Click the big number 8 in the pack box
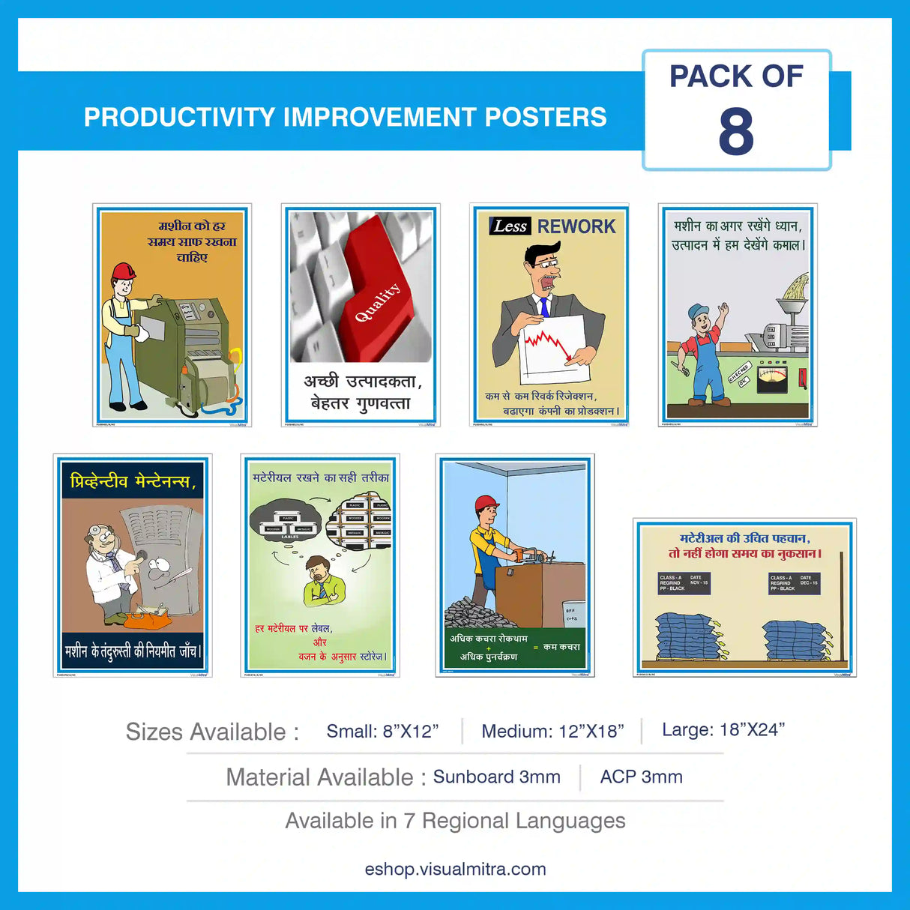tap(735, 132)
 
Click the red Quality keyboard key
tap(375, 285)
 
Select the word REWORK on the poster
tap(576, 226)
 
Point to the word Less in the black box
tap(510, 226)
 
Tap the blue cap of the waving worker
tap(698, 310)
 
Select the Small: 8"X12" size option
tap(382, 732)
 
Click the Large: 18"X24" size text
tap(723, 730)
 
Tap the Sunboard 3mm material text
tap(496, 777)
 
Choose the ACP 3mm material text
tap(641, 777)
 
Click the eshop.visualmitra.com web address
tap(455, 870)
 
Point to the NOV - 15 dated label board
tap(683, 583)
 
